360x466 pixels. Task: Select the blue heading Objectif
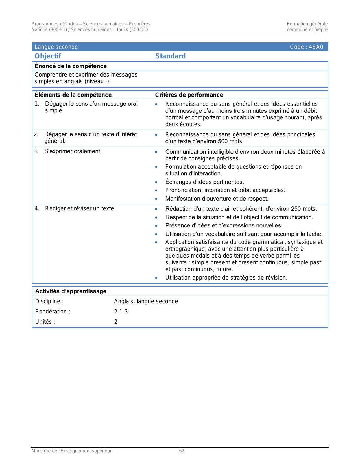point(48,56)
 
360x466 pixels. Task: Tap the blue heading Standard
point(170,56)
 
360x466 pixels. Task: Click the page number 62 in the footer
point(182,451)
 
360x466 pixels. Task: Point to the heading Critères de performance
point(189,95)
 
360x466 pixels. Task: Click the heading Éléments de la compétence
point(73,95)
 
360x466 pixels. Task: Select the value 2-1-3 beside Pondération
point(121,312)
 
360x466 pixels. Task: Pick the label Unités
point(45,322)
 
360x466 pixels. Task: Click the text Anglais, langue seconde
point(146,301)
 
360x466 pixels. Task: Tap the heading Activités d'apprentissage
point(71,291)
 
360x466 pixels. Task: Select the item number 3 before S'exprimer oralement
point(36,151)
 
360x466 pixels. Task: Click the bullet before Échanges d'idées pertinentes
point(156,182)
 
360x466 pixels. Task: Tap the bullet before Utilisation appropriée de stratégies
point(156,278)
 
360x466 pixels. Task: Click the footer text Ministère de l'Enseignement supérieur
point(71,451)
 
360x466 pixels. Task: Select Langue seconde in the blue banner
point(56,47)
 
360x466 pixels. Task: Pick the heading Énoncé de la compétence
point(71,66)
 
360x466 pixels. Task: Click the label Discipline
point(49,301)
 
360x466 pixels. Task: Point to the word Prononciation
point(184,190)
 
